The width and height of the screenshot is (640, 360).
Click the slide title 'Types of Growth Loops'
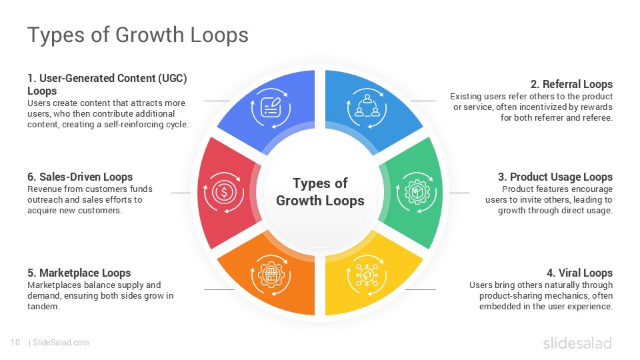pyautogui.click(x=137, y=35)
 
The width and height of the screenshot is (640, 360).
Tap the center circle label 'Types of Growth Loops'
pyautogui.click(x=320, y=192)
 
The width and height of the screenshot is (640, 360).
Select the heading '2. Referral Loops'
pyautogui.click(x=571, y=84)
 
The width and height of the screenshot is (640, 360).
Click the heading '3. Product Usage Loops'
pyautogui.click(x=555, y=177)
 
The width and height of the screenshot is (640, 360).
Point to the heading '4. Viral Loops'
pyautogui.click(x=579, y=273)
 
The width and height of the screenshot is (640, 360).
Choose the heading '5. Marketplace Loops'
pyautogui.click(x=79, y=273)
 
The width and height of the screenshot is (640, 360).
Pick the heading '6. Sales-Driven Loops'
pyautogui.click(x=80, y=177)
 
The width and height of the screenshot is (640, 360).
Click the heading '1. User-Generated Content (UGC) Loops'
pyautogui.click(x=107, y=84)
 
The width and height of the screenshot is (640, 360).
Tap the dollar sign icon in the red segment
pyautogui.click(x=224, y=193)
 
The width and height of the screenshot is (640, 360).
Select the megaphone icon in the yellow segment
pyautogui.click(x=366, y=274)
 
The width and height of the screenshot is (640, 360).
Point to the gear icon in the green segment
pyautogui.click(x=416, y=192)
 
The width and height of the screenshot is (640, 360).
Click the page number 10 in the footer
pyautogui.click(x=15, y=343)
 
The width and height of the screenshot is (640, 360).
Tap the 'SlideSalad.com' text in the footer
pyautogui.click(x=60, y=343)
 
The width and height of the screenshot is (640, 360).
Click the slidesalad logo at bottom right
pyautogui.click(x=577, y=343)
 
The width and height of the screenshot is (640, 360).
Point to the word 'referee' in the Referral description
pyautogui.click(x=596, y=118)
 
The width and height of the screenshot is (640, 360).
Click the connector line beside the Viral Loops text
pyautogui.click(x=421, y=289)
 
